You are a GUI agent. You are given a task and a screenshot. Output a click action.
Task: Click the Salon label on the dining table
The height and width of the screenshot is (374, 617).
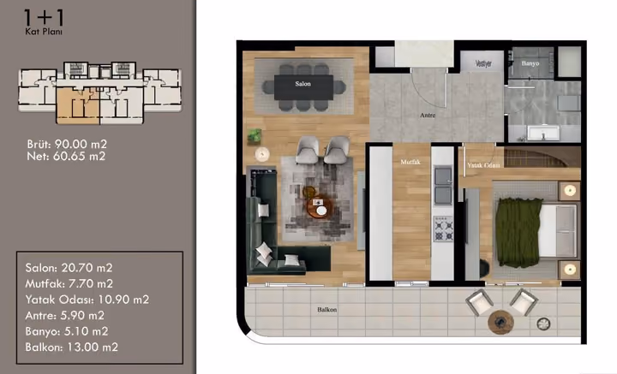303,84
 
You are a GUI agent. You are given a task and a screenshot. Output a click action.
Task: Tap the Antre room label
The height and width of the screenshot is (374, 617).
428,115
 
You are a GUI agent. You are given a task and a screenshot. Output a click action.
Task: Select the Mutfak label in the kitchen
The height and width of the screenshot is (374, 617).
410,162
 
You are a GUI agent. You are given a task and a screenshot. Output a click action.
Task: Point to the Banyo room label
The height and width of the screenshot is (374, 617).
530,63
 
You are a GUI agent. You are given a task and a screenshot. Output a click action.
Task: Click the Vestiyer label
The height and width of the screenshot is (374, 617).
483,63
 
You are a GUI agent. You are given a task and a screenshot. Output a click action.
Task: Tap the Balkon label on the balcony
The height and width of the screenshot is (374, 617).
327,310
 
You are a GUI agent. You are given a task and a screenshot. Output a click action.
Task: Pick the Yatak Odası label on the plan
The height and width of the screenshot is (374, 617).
483,165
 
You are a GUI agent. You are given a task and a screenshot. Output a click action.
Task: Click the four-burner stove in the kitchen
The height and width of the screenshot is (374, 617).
443,229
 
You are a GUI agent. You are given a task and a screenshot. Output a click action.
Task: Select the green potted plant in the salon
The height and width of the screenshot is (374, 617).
255,136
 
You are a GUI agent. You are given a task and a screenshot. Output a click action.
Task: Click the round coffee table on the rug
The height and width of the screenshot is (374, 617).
320,206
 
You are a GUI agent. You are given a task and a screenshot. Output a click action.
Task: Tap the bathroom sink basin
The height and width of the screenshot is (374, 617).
543,133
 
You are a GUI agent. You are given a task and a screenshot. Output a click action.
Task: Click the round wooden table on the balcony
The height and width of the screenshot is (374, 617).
500,322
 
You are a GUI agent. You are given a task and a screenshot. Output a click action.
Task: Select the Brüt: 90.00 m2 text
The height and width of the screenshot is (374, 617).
67,144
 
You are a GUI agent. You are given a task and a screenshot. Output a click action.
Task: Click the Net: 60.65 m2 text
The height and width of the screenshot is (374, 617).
66,157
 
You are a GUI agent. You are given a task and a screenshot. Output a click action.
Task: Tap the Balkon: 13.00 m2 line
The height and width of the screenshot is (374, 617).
72,347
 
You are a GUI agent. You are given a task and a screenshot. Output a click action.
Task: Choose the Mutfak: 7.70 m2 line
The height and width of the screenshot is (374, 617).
69,283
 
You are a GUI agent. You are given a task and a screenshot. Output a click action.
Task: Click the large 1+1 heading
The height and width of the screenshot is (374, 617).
44,18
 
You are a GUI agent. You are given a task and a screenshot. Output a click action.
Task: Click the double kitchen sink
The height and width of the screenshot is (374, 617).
443,186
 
